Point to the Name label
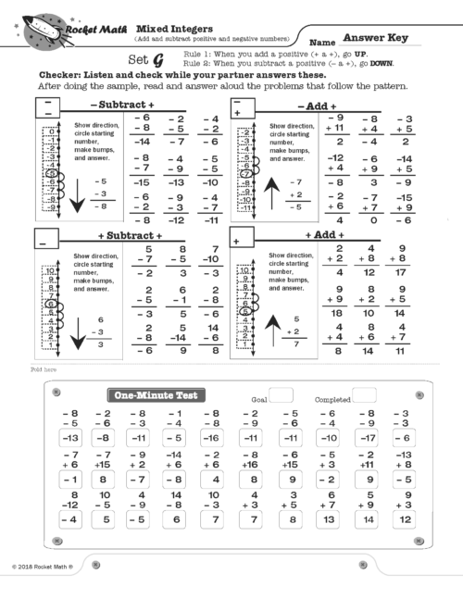coord(321,43)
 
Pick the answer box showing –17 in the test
coord(369,437)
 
